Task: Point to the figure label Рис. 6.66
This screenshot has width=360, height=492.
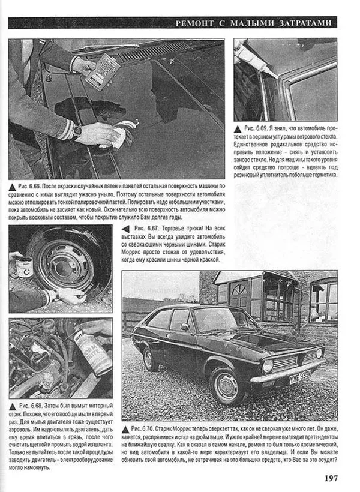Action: point(31,187)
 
